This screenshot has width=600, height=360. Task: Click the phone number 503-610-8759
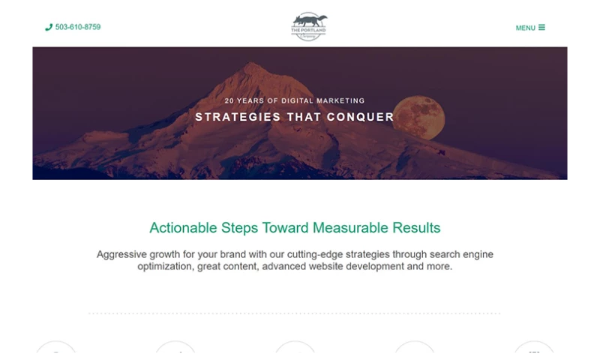78,27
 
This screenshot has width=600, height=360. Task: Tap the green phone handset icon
49,27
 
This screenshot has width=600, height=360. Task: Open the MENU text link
525,28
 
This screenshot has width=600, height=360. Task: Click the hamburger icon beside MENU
541,27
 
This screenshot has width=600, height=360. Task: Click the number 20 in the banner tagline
229,100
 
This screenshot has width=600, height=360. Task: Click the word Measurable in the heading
349,227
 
